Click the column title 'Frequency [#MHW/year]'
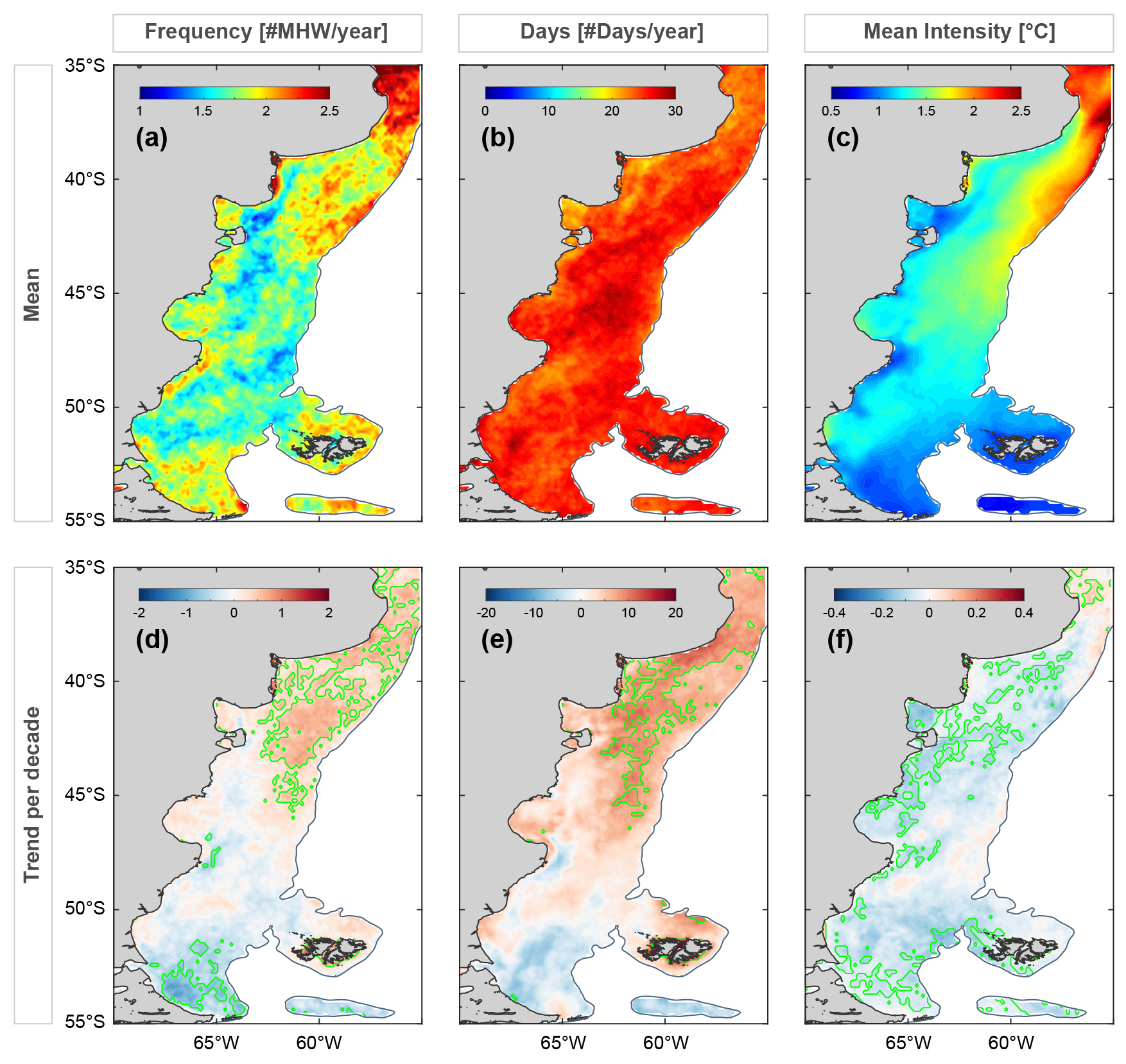click(266, 32)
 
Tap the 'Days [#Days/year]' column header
click(612, 32)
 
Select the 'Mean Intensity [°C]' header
click(959, 32)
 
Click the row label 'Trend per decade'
click(32, 794)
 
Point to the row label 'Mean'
click(32, 294)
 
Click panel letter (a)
click(152, 138)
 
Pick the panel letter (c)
click(843, 138)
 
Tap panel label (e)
click(497, 640)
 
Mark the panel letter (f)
click(840, 640)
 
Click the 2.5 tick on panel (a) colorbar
click(329, 111)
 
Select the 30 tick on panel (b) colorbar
click(675, 111)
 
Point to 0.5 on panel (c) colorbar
click(831, 111)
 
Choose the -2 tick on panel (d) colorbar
click(139, 613)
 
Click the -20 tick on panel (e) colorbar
click(486, 613)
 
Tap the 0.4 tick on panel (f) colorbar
click(1024, 613)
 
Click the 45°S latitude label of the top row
click(85, 293)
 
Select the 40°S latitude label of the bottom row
click(85, 680)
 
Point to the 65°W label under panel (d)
click(216, 1043)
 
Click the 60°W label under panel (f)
click(1011, 1043)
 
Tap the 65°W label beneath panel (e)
click(563, 1043)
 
